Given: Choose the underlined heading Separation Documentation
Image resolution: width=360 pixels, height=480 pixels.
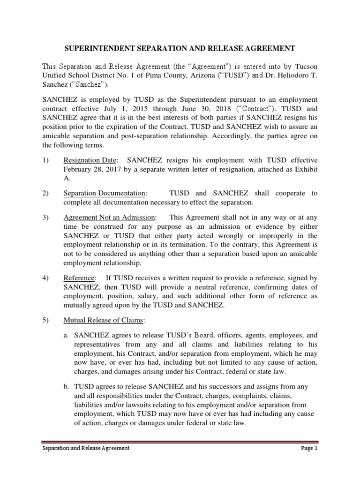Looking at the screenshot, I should coord(105,193).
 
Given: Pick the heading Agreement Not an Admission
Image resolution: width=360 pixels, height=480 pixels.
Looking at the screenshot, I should coord(109,217).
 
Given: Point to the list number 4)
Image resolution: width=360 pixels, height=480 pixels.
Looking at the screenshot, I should coord(45,279).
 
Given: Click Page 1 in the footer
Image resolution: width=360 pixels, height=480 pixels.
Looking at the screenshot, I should coord(309,448).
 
